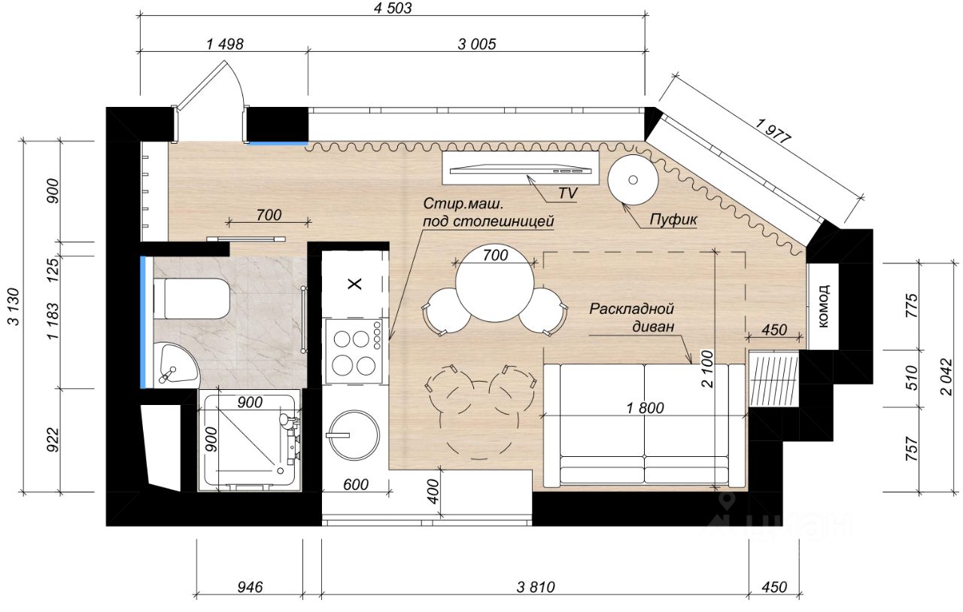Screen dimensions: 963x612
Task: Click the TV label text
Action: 568,193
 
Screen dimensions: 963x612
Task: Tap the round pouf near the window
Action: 633,180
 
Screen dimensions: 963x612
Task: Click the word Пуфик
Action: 673,220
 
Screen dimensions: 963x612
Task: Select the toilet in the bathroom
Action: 192,299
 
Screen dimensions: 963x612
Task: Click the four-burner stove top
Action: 354,352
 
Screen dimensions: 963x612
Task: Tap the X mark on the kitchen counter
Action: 354,284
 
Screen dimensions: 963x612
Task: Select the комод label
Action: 823,306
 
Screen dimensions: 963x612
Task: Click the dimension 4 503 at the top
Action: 393,8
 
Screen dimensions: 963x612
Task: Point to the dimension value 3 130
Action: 14,306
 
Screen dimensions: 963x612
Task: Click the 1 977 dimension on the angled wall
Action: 773,131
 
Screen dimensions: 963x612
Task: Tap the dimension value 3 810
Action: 536,587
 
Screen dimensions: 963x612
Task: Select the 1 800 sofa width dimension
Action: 645,408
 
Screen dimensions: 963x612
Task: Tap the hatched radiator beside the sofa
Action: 774,379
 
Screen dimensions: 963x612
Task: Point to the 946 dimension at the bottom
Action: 250,587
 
